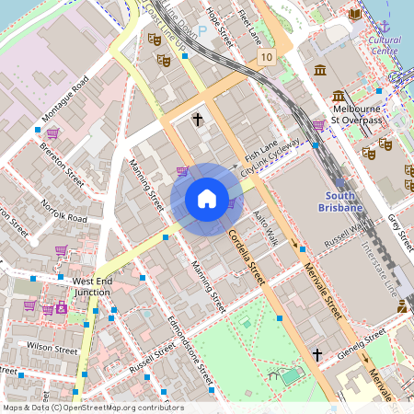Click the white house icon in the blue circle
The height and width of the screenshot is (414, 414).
tap(207, 199)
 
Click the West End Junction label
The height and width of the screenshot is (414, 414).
tap(92, 286)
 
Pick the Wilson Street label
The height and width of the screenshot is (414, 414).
tap(52, 349)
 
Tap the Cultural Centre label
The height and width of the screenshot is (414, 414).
tap(384, 46)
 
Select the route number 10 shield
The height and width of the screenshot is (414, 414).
tap(267, 57)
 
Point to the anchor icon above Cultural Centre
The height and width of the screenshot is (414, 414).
tap(385, 27)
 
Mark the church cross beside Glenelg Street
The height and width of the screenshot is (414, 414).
tap(317, 354)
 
